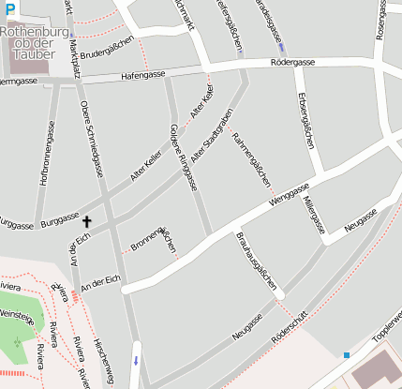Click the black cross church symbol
[x=88, y=222]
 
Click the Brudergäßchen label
[x=106, y=46]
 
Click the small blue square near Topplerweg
[x=347, y=354]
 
